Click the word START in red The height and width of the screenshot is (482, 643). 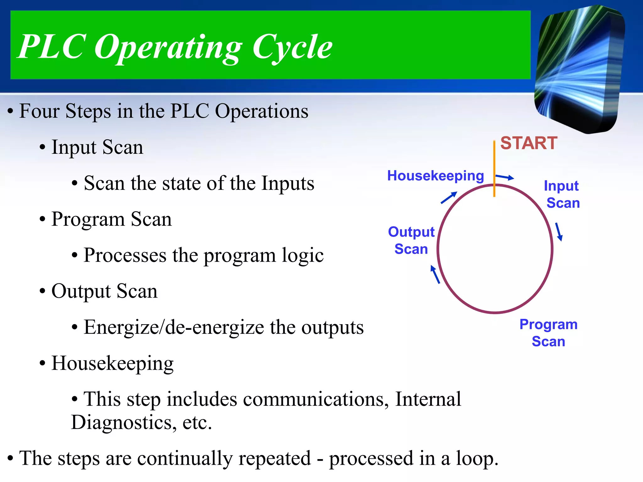[529, 143]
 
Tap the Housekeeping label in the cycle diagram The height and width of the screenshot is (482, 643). [435, 176]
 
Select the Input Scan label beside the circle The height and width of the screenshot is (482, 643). [562, 194]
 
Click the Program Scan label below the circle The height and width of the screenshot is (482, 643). [548, 333]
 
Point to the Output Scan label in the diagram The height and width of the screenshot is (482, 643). [411, 240]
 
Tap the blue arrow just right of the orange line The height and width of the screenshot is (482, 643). [505, 177]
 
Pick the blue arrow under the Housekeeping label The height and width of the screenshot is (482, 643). [449, 198]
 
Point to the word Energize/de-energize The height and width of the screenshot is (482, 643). [174, 327]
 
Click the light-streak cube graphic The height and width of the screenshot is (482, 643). [580, 69]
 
